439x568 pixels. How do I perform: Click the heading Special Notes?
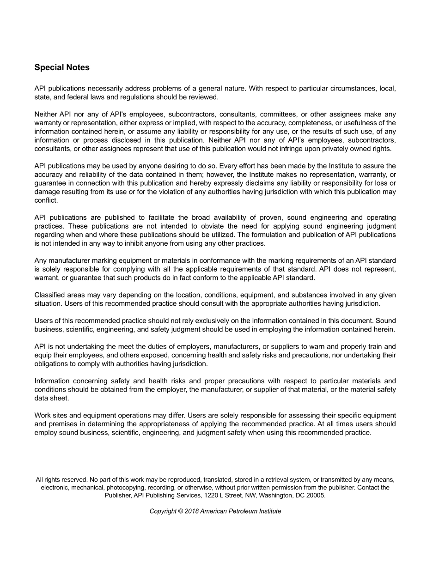(62, 67)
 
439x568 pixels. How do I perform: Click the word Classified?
(50, 295)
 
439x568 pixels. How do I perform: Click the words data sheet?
(51, 398)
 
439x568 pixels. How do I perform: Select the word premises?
(63, 424)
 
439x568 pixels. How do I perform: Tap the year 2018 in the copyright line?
(191, 511)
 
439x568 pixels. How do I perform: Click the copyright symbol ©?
(180, 511)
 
